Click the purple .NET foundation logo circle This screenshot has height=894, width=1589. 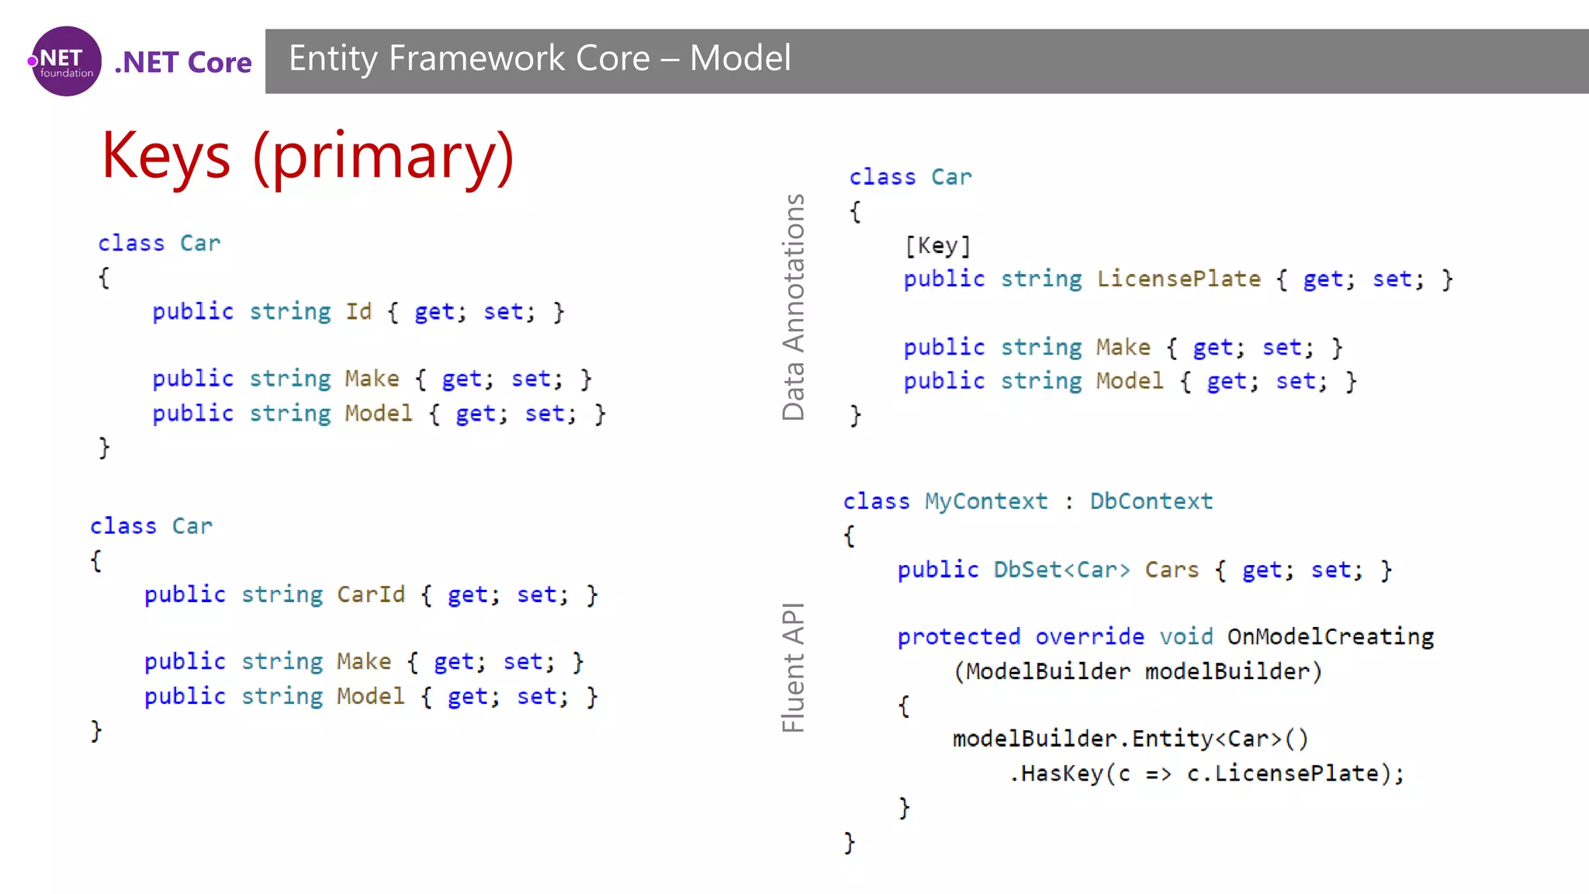pyautogui.click(x=66, y=61)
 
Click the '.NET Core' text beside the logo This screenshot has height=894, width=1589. pyautogui.click(x=183, y=62)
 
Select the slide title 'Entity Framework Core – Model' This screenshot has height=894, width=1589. pyautogui.click(x=539, y=58)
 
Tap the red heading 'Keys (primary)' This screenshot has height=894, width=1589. pyautogui.click(x=307, y=155)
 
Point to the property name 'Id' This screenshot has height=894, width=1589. pyautogui.click(x=358, y=311)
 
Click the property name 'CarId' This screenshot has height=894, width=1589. pyautogui.click(x=371, y=594)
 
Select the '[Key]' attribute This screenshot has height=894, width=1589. pyautogui.click(x=937, y=245)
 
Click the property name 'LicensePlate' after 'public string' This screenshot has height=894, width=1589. pyautogui.click(x=1179, y=279)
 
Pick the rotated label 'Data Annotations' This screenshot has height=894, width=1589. pyautogui.click(x=793, y=307)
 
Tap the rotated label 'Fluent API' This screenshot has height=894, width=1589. pyautogui.click(x=793, y=667)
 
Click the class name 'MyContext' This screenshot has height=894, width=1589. pyautogui.click(x=985, y=501)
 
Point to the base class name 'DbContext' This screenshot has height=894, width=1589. pyautogui.click(x=1151, y=501)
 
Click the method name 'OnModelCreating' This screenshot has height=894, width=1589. pyautogui.click(x=1330, y=636)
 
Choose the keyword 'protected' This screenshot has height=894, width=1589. pyautogui.click(x=958, y=636)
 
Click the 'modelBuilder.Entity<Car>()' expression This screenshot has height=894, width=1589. pyautogui.click(x=1130, y=738)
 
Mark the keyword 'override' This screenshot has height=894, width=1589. pyautogui.click(x=1089, y=636)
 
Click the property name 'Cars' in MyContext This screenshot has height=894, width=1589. pyautogui.click(x=1172, y=570)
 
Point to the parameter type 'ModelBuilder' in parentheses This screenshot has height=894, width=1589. pyautogui.click(x=1047, y=671)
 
